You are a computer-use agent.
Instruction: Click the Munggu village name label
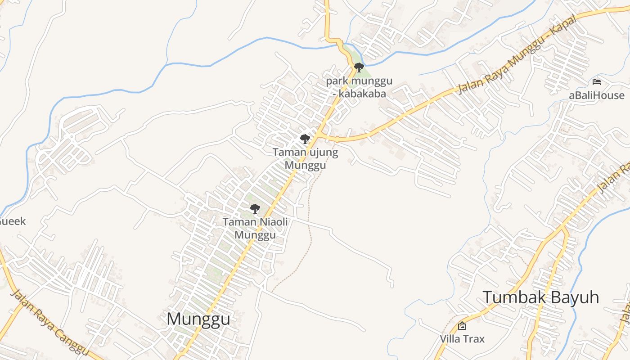point(198,319)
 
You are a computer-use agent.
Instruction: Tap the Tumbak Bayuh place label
point(541,297)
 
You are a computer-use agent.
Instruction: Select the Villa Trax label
point(462,338)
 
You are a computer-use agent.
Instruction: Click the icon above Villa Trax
point(462,326)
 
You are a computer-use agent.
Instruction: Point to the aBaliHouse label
point(596,95)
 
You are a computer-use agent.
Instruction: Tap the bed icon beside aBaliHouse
point(597,82)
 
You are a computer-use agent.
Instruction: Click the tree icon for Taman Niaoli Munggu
point(255,209)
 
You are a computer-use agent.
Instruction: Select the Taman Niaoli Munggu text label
point(255,228)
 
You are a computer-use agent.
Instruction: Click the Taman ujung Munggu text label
point(305,159)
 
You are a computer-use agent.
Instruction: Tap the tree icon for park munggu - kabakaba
point(359,68)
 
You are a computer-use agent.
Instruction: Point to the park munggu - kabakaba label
point(359,87)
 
